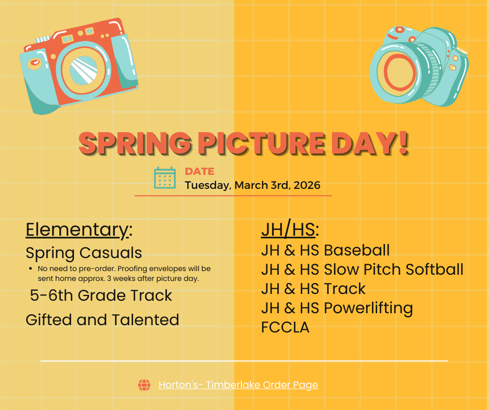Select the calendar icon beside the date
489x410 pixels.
click(165, 178)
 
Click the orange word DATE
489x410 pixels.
click(199, 172)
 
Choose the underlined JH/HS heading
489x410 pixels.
click(289, 229)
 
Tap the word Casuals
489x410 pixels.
click(112, 253)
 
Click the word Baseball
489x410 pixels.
click(357, 250)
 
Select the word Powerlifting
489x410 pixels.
click(368, 308)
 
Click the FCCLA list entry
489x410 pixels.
click(285, 327)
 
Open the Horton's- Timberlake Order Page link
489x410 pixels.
click(238, 385)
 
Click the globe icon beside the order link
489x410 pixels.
click(144, 385)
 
